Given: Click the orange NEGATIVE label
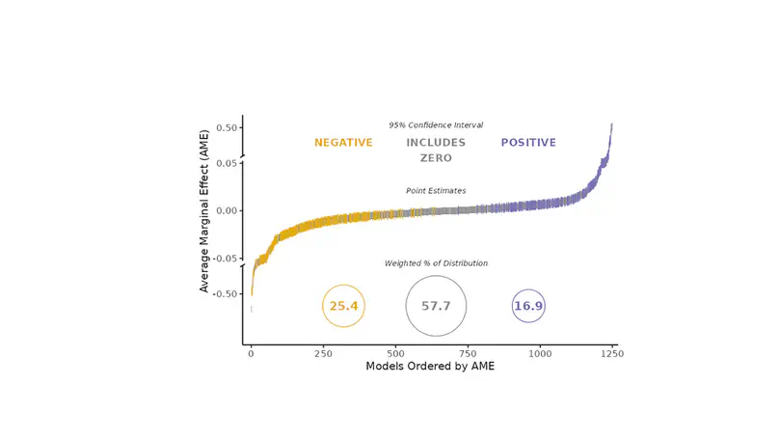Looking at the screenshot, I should (343, 143).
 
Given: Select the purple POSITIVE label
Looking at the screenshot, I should (528, 143).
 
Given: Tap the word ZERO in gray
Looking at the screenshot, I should (436, 158).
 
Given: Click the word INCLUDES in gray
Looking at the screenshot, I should (436, 143).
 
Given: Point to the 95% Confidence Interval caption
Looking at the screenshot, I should (436, 125).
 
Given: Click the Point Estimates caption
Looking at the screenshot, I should (436, 191).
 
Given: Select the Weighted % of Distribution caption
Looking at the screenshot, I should (436, 263).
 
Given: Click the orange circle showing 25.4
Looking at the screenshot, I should (343, 306).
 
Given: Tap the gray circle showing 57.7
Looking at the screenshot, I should (436, 306).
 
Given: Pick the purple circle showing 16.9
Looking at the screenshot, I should (528, 306).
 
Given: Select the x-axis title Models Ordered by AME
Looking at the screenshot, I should (430, 368).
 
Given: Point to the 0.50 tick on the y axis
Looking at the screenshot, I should (227, 127).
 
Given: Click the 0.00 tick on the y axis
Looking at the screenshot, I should (227, 210).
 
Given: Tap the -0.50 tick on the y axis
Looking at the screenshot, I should (225, 293).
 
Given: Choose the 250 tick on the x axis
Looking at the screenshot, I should (324, 354).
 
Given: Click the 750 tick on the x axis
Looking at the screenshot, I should (468, 354).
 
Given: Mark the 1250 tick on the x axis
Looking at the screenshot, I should (611, 354).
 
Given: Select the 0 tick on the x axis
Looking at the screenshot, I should (252, 354).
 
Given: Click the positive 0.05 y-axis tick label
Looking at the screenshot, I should (227, 163).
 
